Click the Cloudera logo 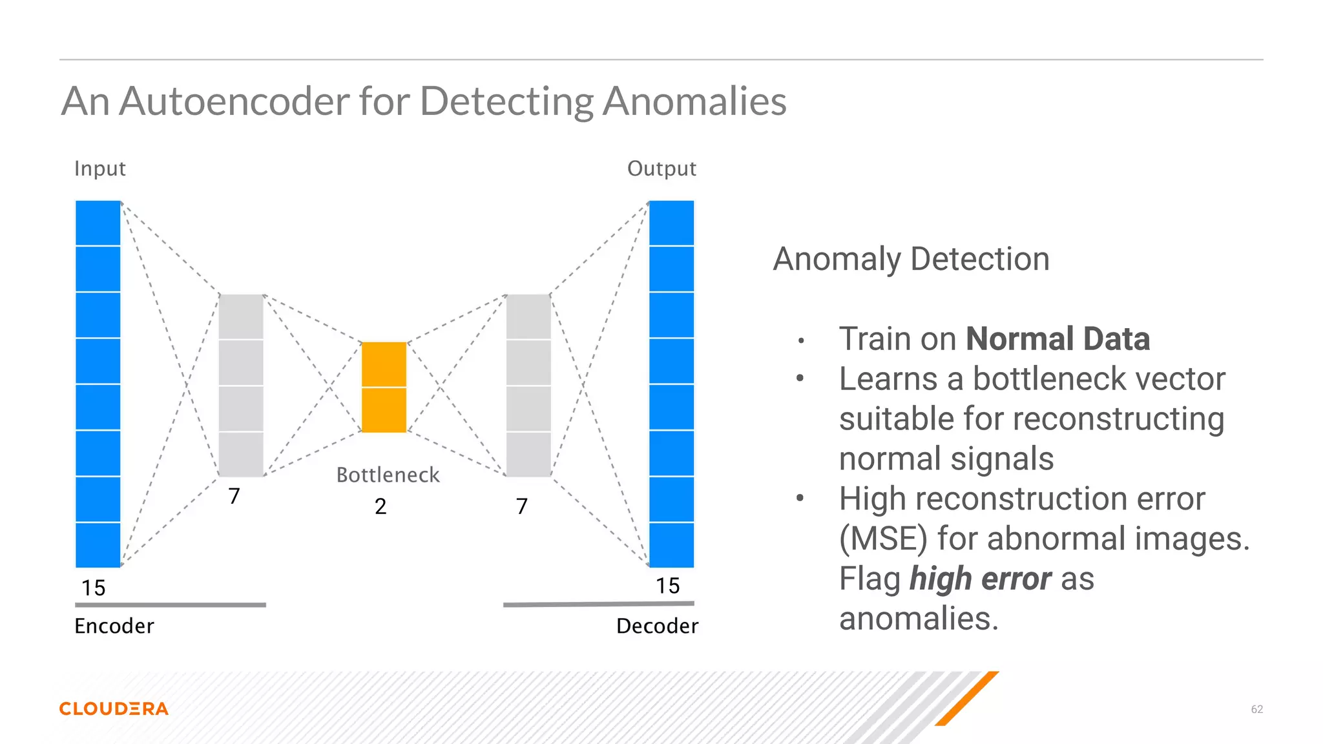pos(114,708)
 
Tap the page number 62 pos(1256,709)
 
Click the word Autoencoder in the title pos(234,101)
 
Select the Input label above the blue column pos(99,169)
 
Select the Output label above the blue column pos(661,169)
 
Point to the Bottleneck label pos(388,475)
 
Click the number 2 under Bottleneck pos(380,506)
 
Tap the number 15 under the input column pos(93,588)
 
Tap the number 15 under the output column pos(667,586)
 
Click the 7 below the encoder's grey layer pos(234,496)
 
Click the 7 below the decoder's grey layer pos(522,506)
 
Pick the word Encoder pos(114,626)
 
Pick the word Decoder pos(657,626)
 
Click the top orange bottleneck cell pos(384,364)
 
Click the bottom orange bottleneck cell pos(384,410)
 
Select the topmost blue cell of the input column pos(98,223)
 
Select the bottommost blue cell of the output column pos(671,545)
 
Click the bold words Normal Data pos(1057,339)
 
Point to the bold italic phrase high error pos(980,579)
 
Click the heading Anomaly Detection pos(911,259)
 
